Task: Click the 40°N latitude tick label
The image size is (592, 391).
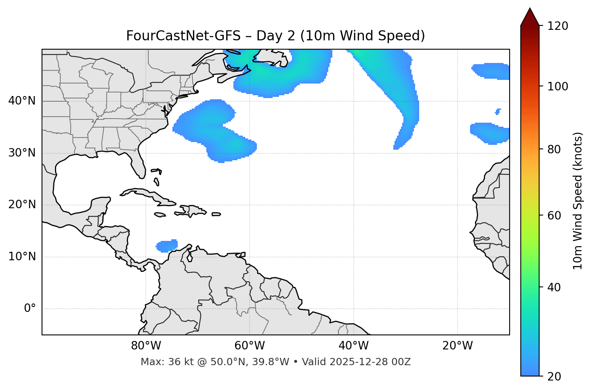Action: click(x=22, y=101)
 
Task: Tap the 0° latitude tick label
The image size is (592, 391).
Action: click(x=30, y=309)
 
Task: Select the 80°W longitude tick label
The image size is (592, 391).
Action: click(x=146, y=346)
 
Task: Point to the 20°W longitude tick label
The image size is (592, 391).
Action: click(x=458, y=346)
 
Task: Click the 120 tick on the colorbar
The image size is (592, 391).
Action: click(x=558, y=26)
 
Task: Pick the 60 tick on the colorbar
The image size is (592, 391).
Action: click(x=555, y=215)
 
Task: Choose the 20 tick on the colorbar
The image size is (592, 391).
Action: click(x=555, y=376)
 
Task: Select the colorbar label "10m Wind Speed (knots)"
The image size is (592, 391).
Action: click(x=578, y=201)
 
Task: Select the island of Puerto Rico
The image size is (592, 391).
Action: click(x=216, y=214)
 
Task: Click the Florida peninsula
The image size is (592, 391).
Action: click(x=137, y=163)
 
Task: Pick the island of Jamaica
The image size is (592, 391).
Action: click(x=160, y=215)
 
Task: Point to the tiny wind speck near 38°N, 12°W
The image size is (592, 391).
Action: click(x=498, y=111)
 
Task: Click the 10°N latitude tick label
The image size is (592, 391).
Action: click(x=22, y=257)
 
